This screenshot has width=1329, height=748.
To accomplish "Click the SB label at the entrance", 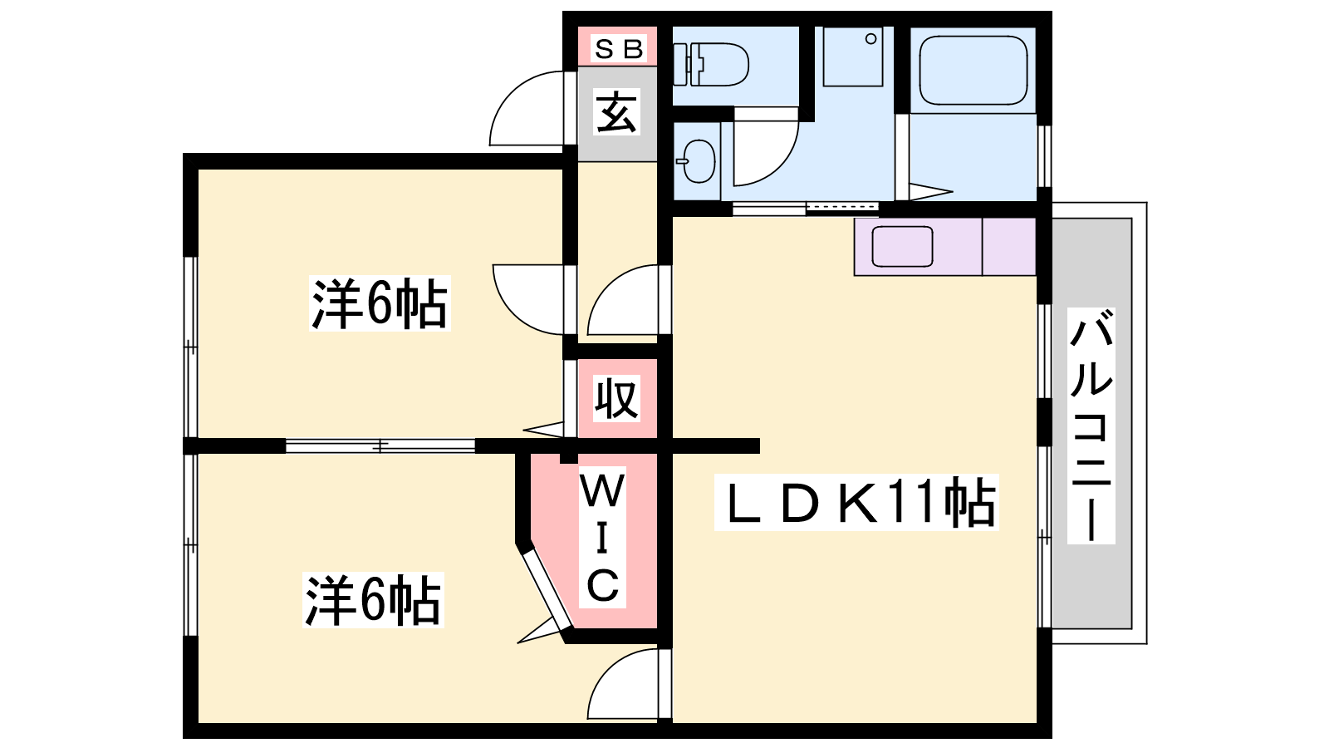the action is (x=618, y=48).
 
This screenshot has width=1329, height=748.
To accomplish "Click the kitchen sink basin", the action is (x=902, y=246).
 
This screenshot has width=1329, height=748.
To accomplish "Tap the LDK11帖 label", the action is (x=856, y=502).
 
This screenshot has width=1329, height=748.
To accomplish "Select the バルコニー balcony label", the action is (x=1091, y=426).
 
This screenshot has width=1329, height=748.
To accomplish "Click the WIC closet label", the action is (x=602, y=537).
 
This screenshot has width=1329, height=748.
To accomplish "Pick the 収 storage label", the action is (x=617, y=398).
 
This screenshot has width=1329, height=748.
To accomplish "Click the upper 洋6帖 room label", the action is (x=380, y=303).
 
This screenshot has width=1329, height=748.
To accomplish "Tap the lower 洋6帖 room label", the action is (x=373, y=600).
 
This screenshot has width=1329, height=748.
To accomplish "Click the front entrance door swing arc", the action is (x=527, y=108).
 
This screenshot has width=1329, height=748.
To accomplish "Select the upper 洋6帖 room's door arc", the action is (x=528, y=300).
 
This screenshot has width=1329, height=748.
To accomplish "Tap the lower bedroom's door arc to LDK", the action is (x=623, y=684).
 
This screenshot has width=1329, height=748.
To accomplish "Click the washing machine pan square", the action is (x=853, y=57).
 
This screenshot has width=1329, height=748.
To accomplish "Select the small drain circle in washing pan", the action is (x=871, y=39).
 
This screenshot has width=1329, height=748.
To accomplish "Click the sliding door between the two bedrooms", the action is (x=380, y=445).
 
